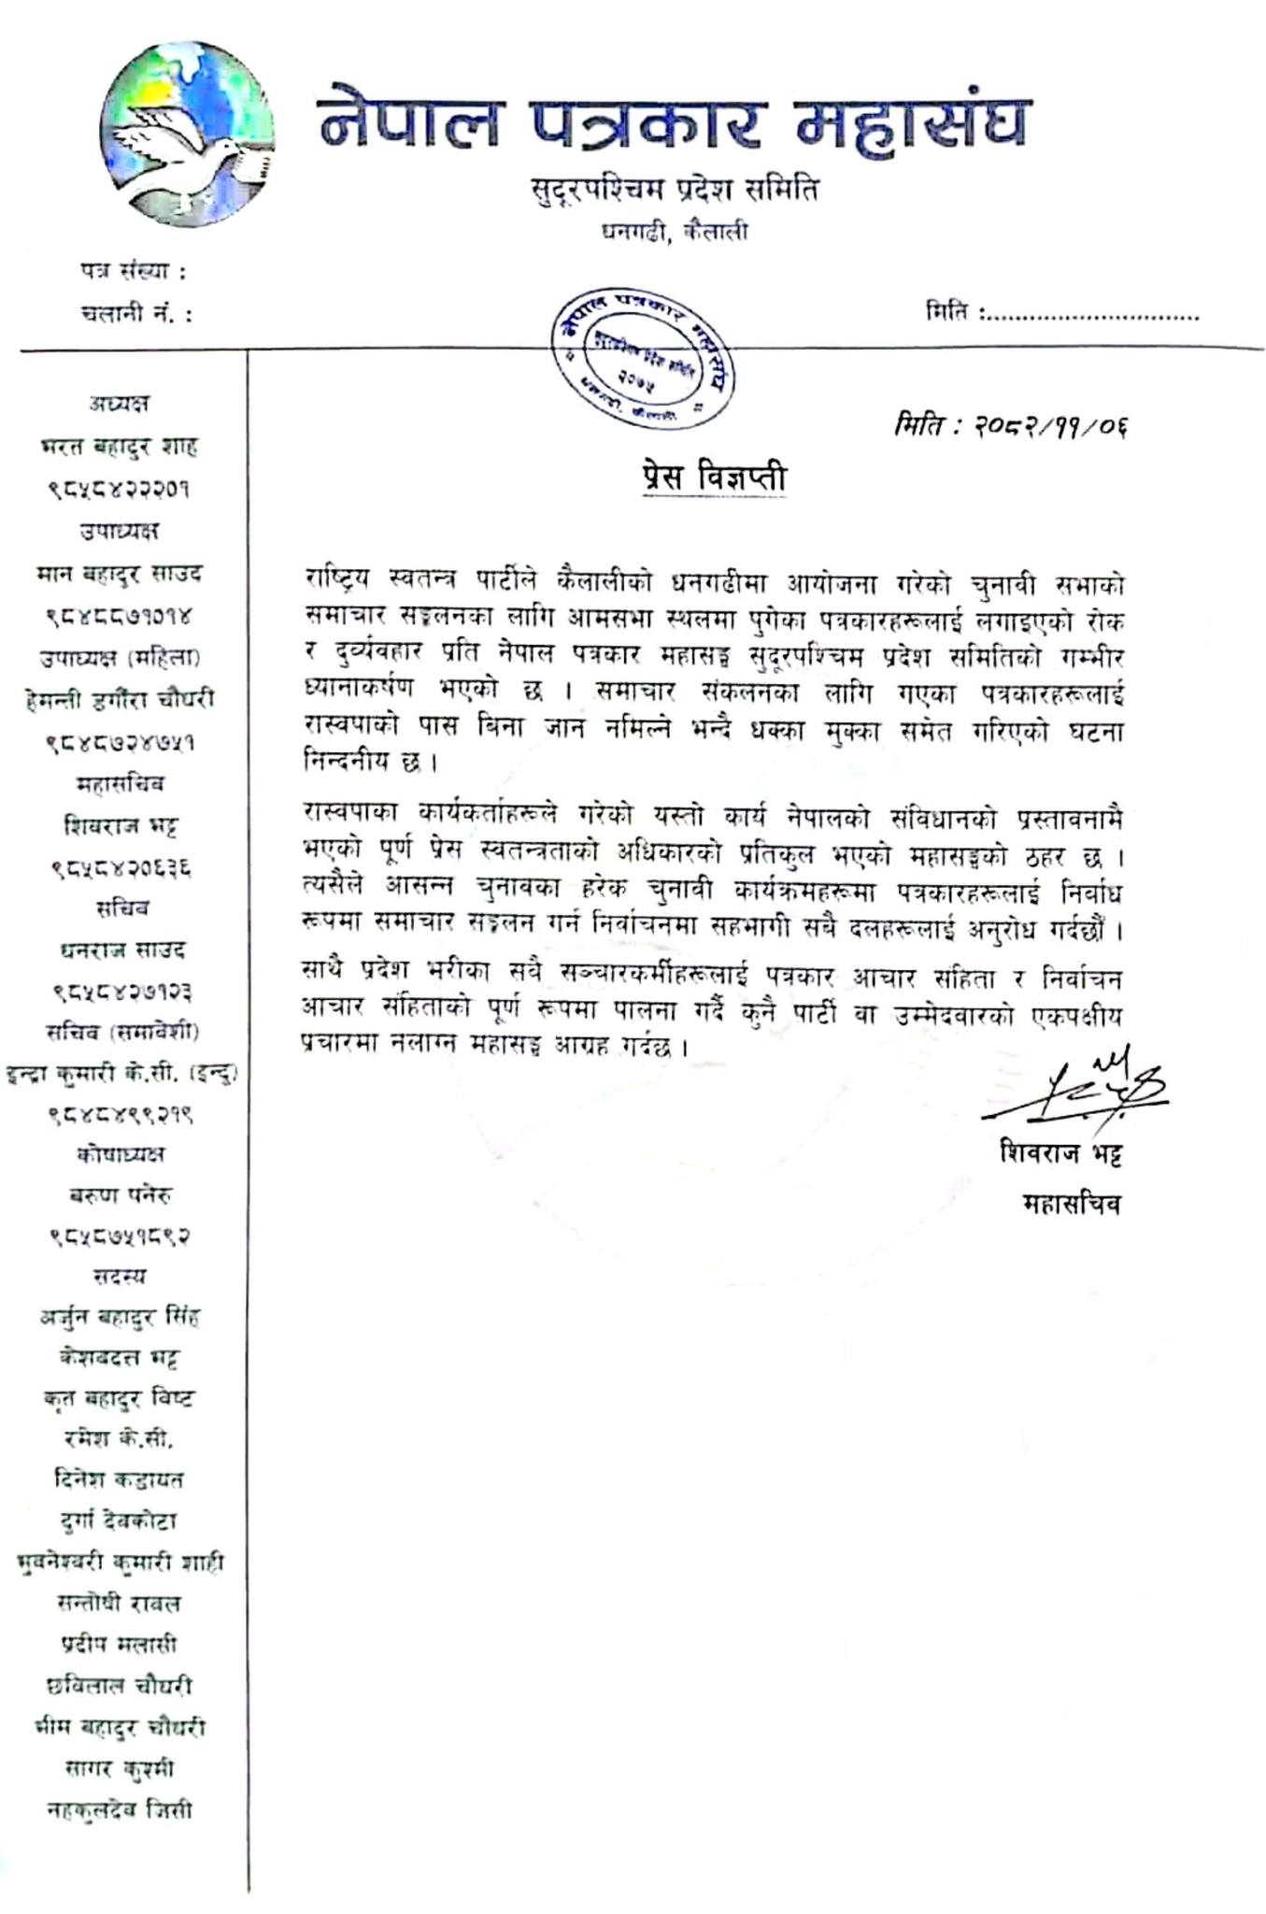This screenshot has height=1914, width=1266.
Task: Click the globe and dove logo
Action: tap(187, 134)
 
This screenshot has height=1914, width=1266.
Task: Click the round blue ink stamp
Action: tap(642, 358)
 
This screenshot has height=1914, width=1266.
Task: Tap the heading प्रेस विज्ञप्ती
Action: tap(714, 478)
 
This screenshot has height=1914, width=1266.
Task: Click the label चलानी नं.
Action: tap(136, 314)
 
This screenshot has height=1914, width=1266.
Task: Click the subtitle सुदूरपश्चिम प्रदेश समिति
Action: tap(674, 190)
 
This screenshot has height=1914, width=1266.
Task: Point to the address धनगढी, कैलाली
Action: tap(674, 231)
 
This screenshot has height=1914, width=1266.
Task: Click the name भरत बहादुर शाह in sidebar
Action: tap(119, 446)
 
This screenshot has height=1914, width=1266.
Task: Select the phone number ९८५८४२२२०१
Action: tap(119, 488)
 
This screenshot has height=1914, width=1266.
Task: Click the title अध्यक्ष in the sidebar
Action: tap(119, 404)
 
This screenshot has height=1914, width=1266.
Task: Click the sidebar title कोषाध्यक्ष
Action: tap(121, 1154)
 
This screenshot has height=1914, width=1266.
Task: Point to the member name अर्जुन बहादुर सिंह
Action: tap(120, 1317)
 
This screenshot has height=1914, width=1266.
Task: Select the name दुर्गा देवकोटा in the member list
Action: tap(119, 1521)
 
